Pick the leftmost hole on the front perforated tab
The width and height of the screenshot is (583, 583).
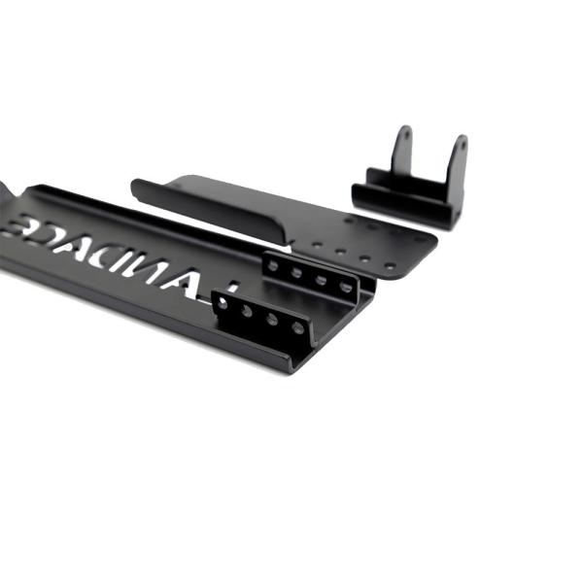(223, 303)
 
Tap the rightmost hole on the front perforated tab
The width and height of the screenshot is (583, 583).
(297, 327)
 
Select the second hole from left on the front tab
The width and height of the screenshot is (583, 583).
(247, 311)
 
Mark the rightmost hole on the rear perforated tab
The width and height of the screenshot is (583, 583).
(346, 288)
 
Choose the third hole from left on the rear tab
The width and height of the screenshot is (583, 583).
(322, 280)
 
